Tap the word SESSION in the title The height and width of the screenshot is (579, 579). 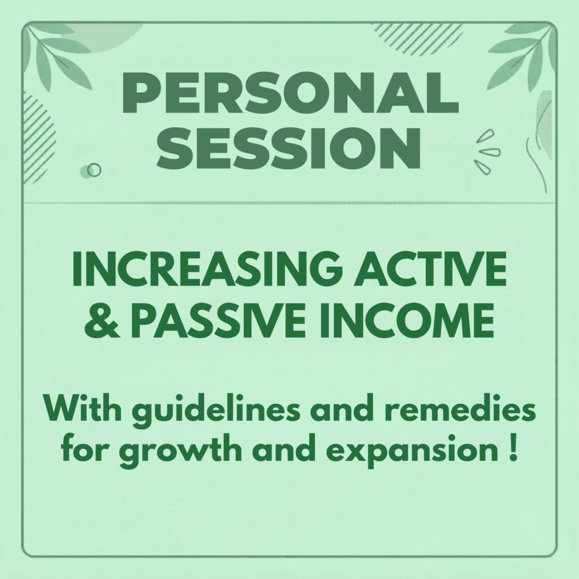289,149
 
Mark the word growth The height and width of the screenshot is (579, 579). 180,451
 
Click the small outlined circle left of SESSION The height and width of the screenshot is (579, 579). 94,170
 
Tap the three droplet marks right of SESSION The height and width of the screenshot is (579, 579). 487,152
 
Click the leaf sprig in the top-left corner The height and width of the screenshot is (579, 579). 59,55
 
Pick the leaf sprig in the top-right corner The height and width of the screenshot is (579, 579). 521,55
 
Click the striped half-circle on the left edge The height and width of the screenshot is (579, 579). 39,138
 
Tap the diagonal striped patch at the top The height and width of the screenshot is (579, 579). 417,39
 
